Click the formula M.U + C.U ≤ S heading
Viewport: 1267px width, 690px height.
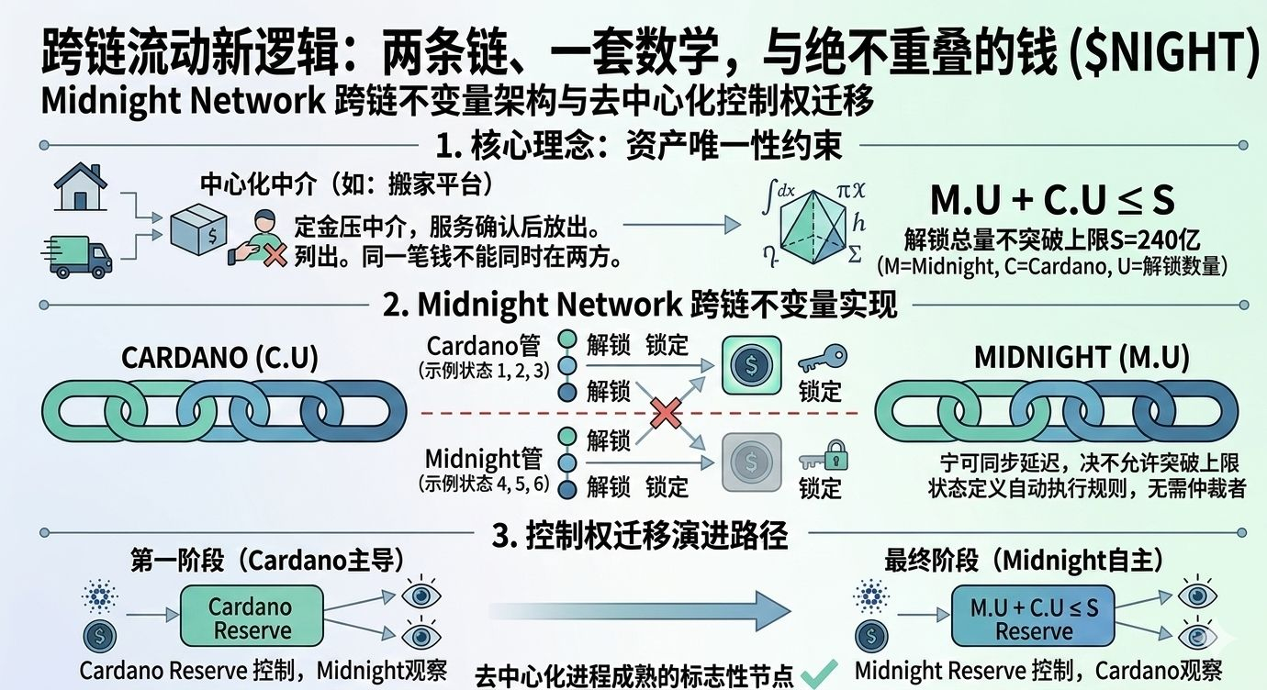click(x=1052, y=200)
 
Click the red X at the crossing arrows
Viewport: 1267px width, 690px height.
click(x=666, y=412)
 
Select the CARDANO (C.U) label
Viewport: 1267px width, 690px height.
click(x=220, y=358)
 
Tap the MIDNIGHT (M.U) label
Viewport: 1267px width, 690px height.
click(x=1082, y=358)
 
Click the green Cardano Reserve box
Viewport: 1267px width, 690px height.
click(x=250, y=618)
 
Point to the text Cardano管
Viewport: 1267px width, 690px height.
click(x=484, y=347)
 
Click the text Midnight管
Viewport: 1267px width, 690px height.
click(x=484, y=458)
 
